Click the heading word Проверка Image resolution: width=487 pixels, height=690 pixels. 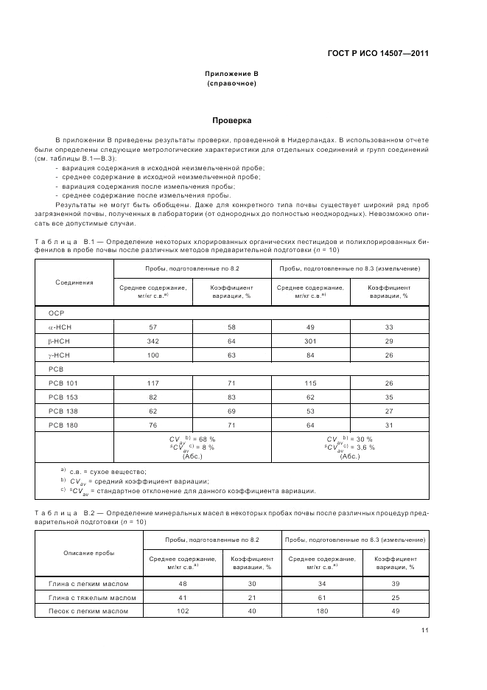tap(232, 119)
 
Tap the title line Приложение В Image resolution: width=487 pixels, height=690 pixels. tap(232, 74)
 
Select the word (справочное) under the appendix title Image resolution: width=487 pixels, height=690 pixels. tap(232, 83)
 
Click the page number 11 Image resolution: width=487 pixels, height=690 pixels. tap(425, 630)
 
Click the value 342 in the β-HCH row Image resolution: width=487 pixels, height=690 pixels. tap(153, 340)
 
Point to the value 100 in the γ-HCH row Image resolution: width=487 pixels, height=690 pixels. tap(153, 354)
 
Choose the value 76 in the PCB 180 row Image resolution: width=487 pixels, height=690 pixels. tap(153, 425)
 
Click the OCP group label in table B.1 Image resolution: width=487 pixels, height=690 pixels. tap(57, 313)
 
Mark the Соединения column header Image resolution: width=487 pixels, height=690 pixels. tap(74, 282)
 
